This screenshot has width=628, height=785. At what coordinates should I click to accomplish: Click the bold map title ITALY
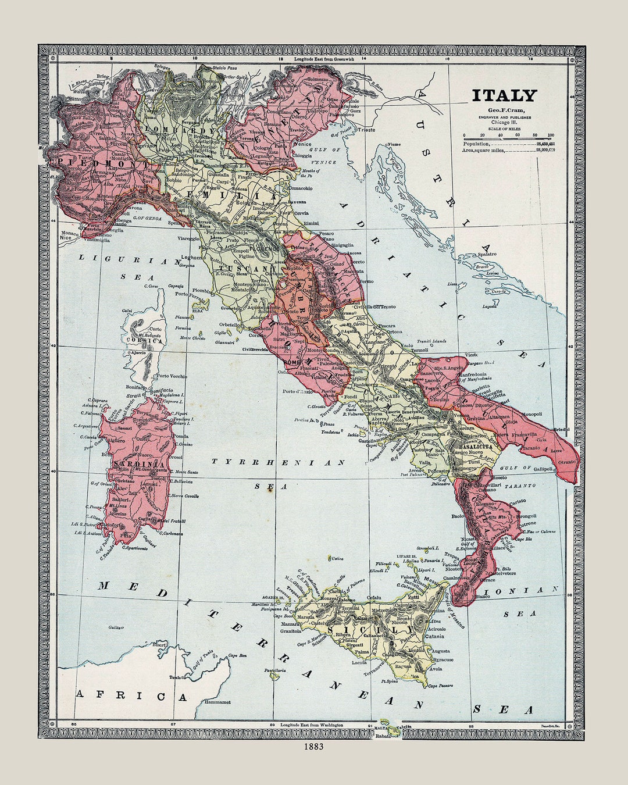504,95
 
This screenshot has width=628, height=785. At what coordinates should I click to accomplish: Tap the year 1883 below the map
313,746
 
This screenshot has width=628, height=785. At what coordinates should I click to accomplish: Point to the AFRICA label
131,695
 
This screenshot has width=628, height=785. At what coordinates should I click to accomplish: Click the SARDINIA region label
139,464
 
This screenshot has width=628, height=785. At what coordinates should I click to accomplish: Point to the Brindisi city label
562,429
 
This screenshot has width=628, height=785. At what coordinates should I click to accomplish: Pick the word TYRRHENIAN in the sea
278,462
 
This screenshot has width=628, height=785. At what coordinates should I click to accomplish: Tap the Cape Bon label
237,655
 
